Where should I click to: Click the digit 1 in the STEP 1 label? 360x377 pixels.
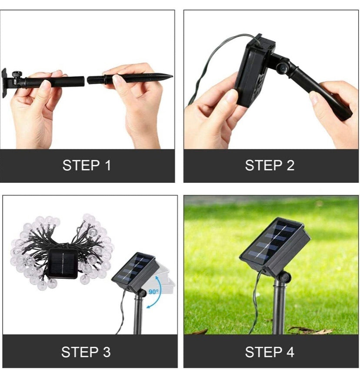108,165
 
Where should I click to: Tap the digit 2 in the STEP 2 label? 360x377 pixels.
290,165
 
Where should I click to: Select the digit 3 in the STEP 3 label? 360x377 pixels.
107,352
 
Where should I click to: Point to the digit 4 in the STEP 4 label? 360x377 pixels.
290,352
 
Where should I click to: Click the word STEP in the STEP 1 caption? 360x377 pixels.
81,165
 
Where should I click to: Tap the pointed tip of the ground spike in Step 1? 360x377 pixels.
172,77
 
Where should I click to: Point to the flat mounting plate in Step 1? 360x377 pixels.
4,83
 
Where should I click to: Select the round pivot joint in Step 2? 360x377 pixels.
282,68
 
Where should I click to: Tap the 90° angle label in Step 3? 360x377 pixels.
153,291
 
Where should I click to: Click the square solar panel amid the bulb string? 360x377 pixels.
63,263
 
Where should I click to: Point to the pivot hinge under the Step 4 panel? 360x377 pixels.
284,278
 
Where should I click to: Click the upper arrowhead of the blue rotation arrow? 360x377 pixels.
157,278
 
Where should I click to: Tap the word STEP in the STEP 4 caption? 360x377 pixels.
263,352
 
